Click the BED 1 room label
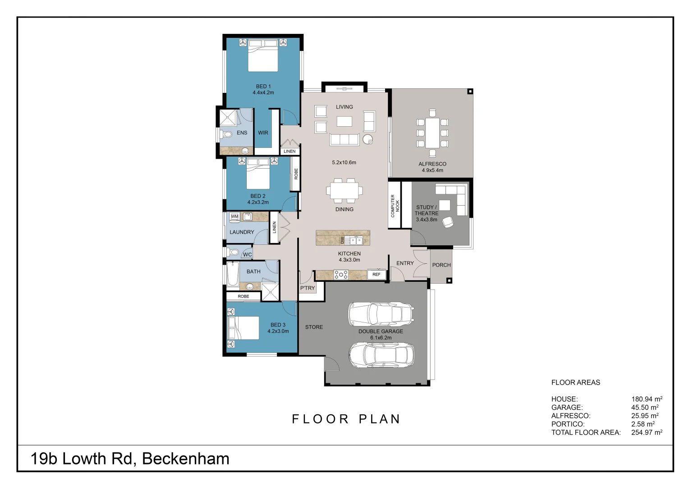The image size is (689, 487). pos(263,86)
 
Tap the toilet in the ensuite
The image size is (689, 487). pos(225,134)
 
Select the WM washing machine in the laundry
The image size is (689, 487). pos(234,217)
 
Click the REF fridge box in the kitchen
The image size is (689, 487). pos(376,274)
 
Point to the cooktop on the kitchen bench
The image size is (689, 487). pos(341,274)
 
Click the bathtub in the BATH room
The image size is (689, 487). pos(233,275)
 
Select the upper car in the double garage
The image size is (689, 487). pos(381,314)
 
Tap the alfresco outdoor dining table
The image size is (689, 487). pos(432,133)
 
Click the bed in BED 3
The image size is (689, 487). pos(244,328)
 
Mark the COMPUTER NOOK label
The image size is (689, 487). pos(395,206)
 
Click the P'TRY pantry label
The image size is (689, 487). pos(308,288)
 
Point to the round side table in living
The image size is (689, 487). pos(368,139)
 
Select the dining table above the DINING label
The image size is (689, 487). pos(344,190)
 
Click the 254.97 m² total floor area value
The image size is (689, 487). pos(646,432)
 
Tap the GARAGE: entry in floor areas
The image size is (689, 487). pos(567,407)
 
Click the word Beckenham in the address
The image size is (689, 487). pos(186,459)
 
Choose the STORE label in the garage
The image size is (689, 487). pos(314,327)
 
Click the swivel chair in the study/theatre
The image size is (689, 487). pos(448,222)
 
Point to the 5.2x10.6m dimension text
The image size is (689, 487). pos(344,162)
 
